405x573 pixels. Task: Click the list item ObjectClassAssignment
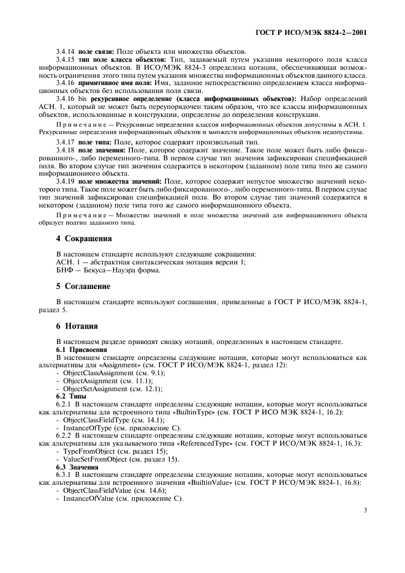(98, 373)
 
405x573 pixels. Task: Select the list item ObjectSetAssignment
(94, 389)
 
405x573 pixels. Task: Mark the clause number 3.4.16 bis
(72, 98)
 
